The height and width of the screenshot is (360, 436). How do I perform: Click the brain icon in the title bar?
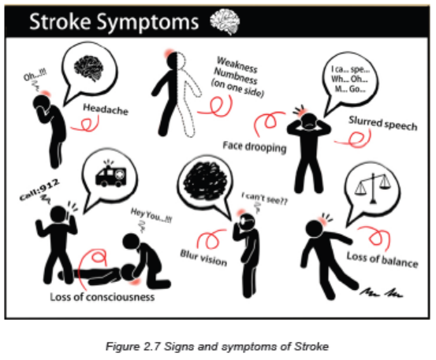coord(225,21)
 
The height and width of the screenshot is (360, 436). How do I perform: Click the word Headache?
coord(106,109)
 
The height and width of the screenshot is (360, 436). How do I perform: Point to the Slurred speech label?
coord(383,124)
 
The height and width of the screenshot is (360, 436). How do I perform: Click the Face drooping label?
coord(255,147)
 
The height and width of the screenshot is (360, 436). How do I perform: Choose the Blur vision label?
coord(203,258)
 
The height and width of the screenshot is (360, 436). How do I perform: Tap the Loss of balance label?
coord(382,260)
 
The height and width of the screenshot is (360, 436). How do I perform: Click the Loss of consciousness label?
coord(102,297)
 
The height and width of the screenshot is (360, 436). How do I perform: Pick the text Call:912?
coord(39,189)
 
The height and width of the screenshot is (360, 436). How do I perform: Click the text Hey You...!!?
coord(151,215)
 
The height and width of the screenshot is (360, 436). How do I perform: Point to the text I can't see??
coord(264,199)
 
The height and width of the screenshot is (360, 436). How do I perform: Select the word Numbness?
coord(236,76)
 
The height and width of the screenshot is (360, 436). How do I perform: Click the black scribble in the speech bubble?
coord(204,181)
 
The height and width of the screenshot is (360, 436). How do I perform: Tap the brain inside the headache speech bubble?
coord(89,68)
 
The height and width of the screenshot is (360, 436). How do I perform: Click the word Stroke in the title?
coord(60,21)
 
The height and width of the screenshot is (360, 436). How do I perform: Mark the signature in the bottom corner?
coord(381,291)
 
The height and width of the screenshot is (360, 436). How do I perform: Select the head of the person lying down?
coord(129,273)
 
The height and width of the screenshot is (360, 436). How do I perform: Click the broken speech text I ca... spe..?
coord(350,69)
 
